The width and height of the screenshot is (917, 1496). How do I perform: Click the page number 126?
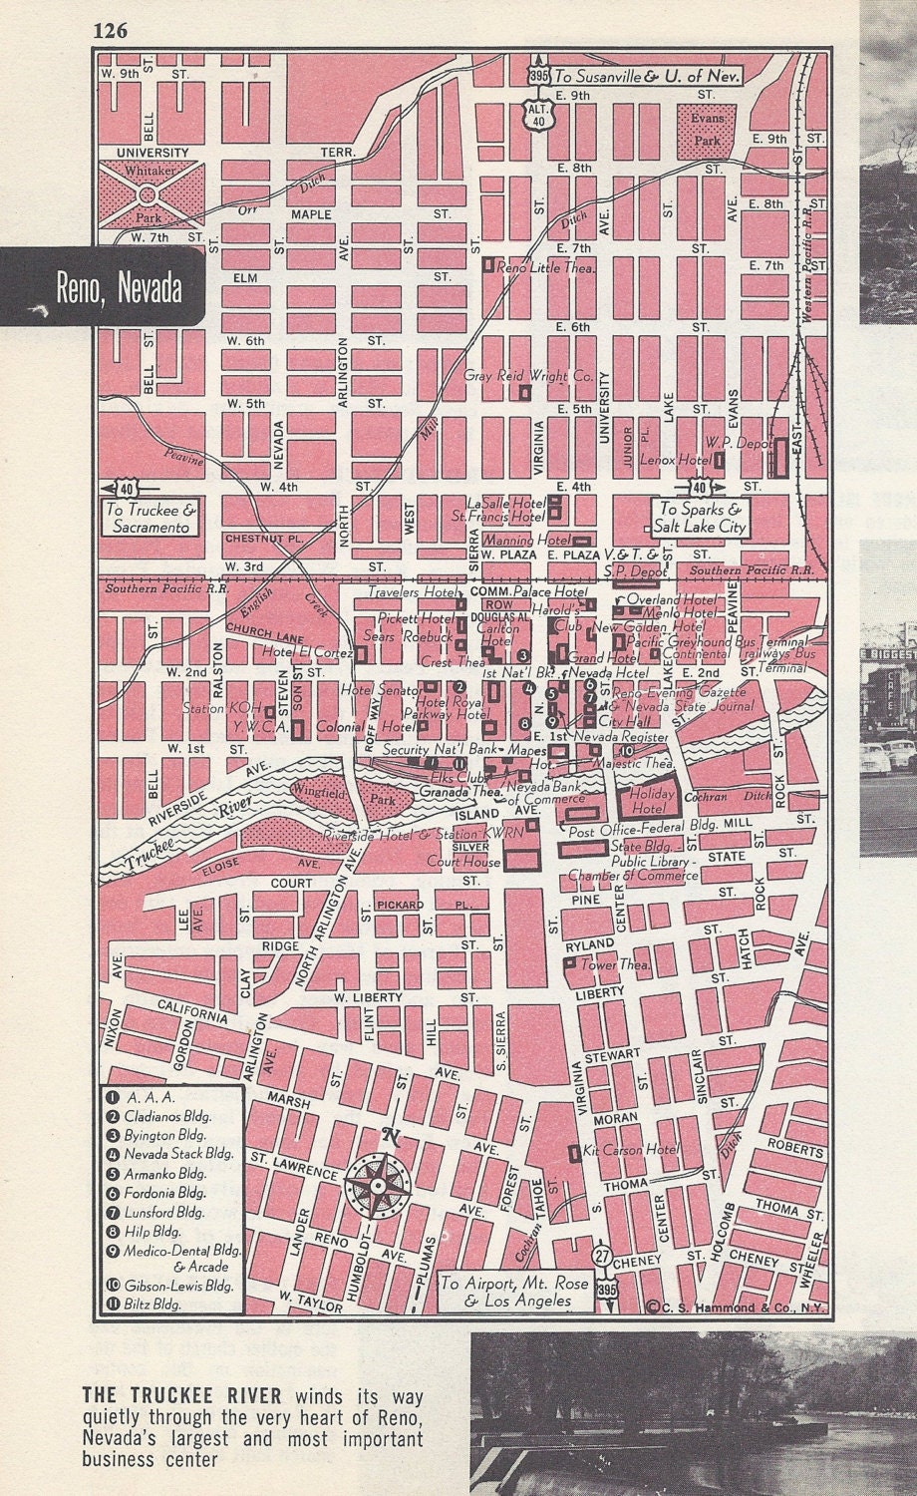pyautogui.click(x=110, y=31)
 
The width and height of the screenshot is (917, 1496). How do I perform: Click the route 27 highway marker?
pyautogui.click(x=602, y=1255)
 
